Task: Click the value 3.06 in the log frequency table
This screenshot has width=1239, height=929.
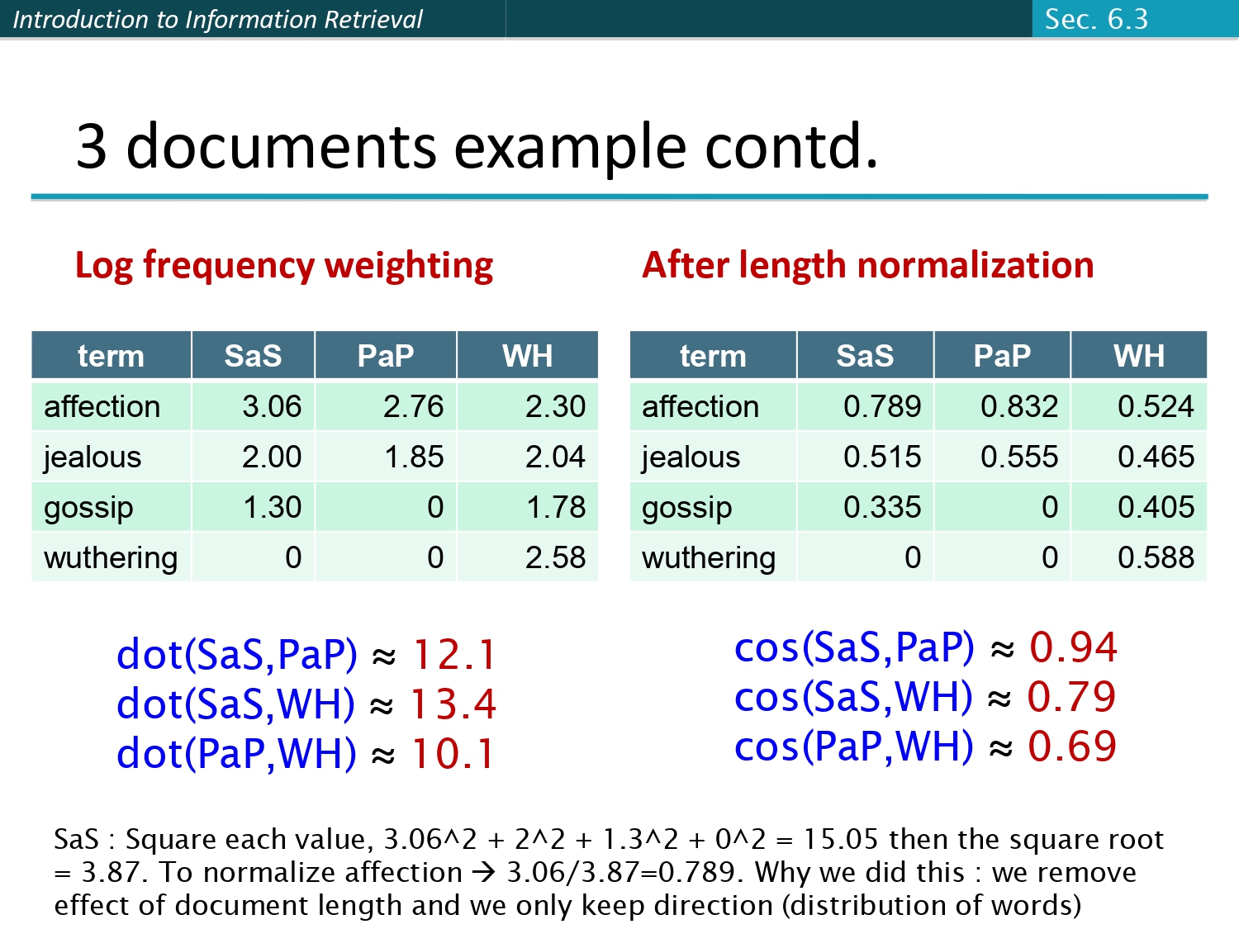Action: [x=272, y=406]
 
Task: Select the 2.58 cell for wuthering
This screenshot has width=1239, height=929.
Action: [x=555, y=557]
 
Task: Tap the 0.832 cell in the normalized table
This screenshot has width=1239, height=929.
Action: [x=1019, y=406]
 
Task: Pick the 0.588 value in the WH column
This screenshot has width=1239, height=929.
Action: [x=1156, y=557]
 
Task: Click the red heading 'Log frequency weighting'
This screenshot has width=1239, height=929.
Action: [x=284, y=266]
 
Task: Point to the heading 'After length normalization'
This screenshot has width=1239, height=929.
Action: [x=868, y=266]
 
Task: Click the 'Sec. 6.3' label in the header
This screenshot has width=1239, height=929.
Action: [x=1096, y=19]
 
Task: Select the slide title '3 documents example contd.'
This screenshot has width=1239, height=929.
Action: [x=477, y=146]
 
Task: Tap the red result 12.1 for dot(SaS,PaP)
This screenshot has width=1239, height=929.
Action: [x=453, y=655]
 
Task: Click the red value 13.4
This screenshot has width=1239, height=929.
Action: [x=453, y=704]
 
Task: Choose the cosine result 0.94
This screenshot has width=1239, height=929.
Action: [x=1073, y=647]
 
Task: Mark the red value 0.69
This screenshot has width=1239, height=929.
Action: [x=1072, y=747]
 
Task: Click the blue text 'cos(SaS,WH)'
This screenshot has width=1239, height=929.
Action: [x=854, y=697]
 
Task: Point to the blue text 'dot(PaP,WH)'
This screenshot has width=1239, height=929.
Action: [x=236, y=754]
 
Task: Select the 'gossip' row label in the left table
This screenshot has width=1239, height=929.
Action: [x=88, y=508]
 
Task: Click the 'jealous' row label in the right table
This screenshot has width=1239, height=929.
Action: [x=691, y=457]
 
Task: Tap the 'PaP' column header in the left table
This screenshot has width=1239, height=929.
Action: [x=385, y=356]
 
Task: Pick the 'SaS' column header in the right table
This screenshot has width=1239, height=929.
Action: [x=865, y=356]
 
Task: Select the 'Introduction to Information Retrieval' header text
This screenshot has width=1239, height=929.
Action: [x=218, y=19]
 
